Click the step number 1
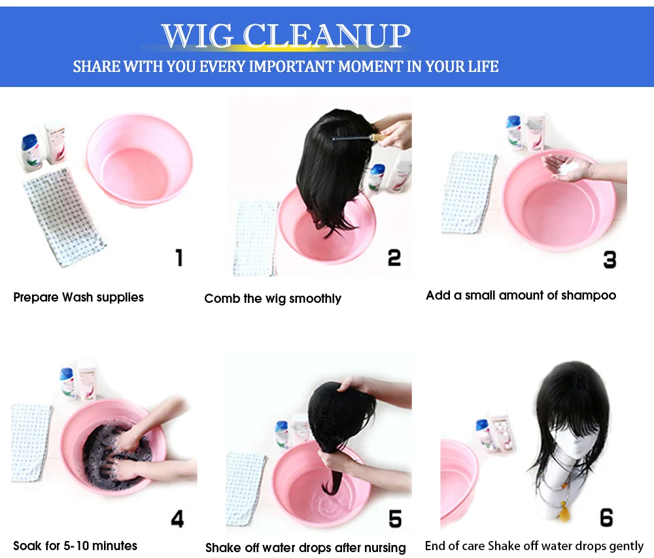point(179,257)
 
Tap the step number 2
point(394,257)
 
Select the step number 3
point(610,260)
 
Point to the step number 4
point(177,519)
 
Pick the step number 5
point(394,519)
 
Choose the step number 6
point(606,517)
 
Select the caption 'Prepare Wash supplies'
point(78,298)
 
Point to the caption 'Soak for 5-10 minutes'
point(75,546)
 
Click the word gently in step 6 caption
point(624,546)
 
